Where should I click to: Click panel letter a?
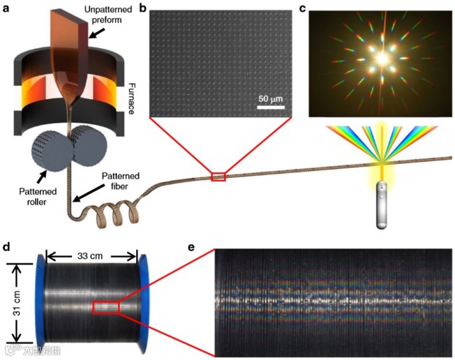pyautogui.click(x=7, y=8)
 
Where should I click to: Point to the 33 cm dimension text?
pyautogui.click(x=92, y=256)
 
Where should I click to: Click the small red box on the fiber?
pyautogui.click(x=218, y=177)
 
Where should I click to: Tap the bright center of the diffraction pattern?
pyautogui.click(x=382, y=59)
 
